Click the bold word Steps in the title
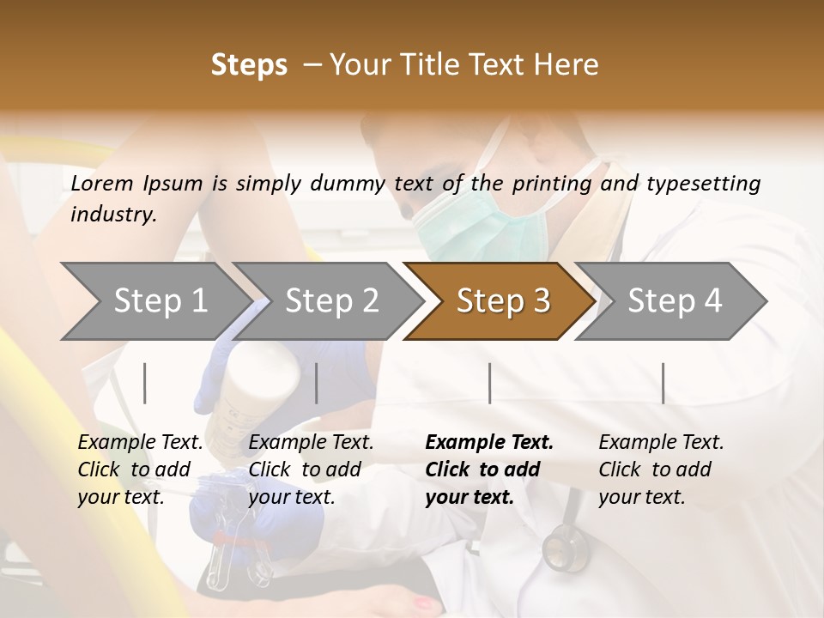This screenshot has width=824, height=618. (x=249, y=65)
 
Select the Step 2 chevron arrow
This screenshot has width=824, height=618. (x=331, y=301)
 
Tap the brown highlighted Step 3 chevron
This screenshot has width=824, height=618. (x=502, y=301)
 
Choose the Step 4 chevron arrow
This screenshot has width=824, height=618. (x=674, y=301)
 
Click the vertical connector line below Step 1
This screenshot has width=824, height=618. (x=145, y=383)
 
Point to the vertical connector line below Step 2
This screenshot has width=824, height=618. (x=317, y=383)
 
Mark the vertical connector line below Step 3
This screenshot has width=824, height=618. (x=489, y=383)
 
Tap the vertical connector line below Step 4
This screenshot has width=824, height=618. (x=663, y=383)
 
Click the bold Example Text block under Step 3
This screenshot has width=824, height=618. (x=489, y=470)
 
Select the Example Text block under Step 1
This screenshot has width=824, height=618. (x=140, y=470)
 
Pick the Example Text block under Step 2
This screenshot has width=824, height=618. (x=311, y=470)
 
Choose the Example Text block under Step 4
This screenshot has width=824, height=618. (x=661, y=470)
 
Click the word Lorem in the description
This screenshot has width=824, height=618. (x=102, y=183)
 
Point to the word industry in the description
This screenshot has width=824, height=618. (x=113, y=215)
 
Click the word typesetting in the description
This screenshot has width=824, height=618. (x=703, y=184)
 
